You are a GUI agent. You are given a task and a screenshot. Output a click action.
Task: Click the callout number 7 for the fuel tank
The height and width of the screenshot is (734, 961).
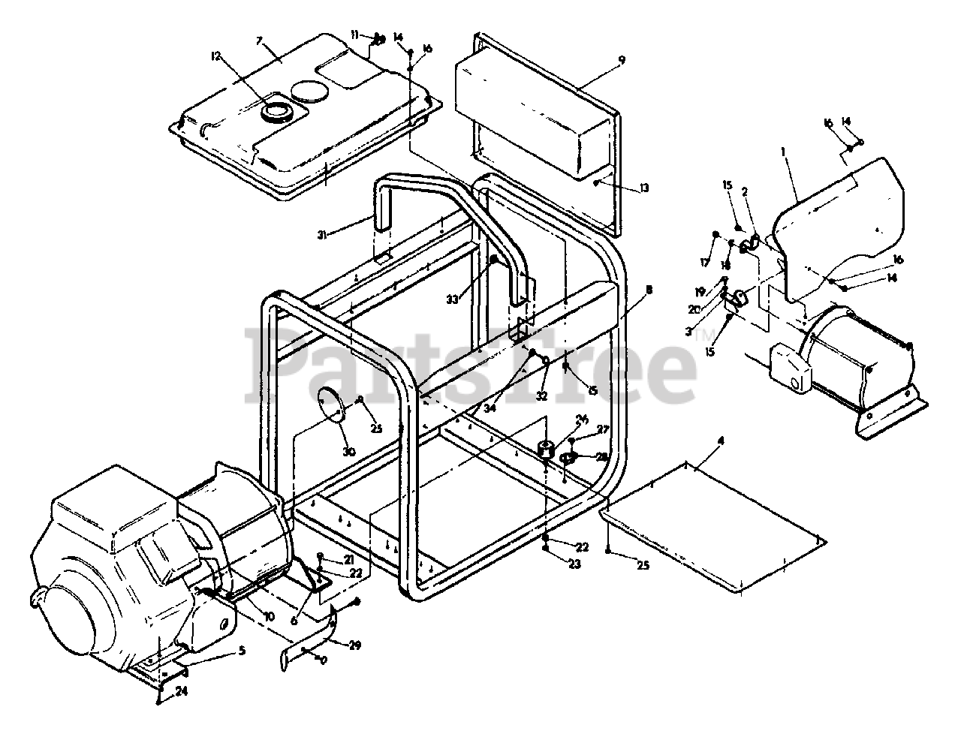click(x=260, y=40)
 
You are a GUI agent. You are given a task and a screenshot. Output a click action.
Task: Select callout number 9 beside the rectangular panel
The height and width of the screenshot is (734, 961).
click(x=621, y=59)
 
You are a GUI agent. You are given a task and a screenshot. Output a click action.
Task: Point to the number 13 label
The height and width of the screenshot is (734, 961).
click(x=643, y=189)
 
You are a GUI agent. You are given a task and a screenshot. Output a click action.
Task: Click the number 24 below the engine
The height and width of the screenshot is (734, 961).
click(x=182, y=692)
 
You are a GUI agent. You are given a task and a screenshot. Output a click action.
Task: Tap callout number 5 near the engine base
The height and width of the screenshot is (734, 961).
click(x=242, y=650)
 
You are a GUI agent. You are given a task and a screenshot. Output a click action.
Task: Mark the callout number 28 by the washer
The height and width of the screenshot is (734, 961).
click(x=602, y=457)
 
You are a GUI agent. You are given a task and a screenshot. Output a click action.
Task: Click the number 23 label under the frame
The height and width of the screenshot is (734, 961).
click(x=575, y=565)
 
